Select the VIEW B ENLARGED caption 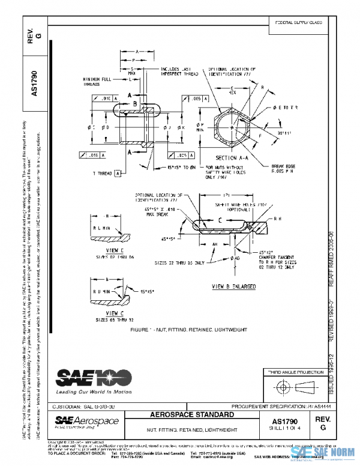(230, 287)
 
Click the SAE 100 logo (90, 377)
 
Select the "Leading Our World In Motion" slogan (93, 392)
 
